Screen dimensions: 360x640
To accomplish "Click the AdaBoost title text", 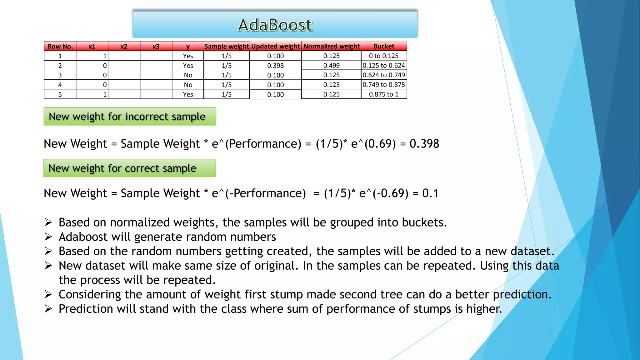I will coord(275,25).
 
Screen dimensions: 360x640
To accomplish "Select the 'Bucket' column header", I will coord(384,46).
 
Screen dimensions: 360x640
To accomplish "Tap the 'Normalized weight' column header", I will coord(331,46).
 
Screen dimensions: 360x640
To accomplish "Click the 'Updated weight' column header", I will coord(275,46).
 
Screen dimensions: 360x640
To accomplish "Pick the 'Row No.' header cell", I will coord(60,46).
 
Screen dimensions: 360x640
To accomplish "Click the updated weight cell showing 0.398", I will coord(275,66).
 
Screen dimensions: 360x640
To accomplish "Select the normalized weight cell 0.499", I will coord(331,65).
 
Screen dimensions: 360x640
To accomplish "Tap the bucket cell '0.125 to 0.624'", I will coord(384,65).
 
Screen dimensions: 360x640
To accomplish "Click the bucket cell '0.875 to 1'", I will coord(384,94).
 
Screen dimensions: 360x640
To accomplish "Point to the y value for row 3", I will coord(188,75).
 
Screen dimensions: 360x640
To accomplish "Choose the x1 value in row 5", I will coord(105,94).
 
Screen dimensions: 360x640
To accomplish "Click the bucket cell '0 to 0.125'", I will coord(384,56).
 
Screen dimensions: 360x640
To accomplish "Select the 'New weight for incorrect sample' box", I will coord(130,117).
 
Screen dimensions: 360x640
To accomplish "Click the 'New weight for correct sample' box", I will coord(130,168).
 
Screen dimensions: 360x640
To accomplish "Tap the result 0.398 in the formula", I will coord(424,144).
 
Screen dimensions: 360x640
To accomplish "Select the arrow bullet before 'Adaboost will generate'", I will coord(48,237).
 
